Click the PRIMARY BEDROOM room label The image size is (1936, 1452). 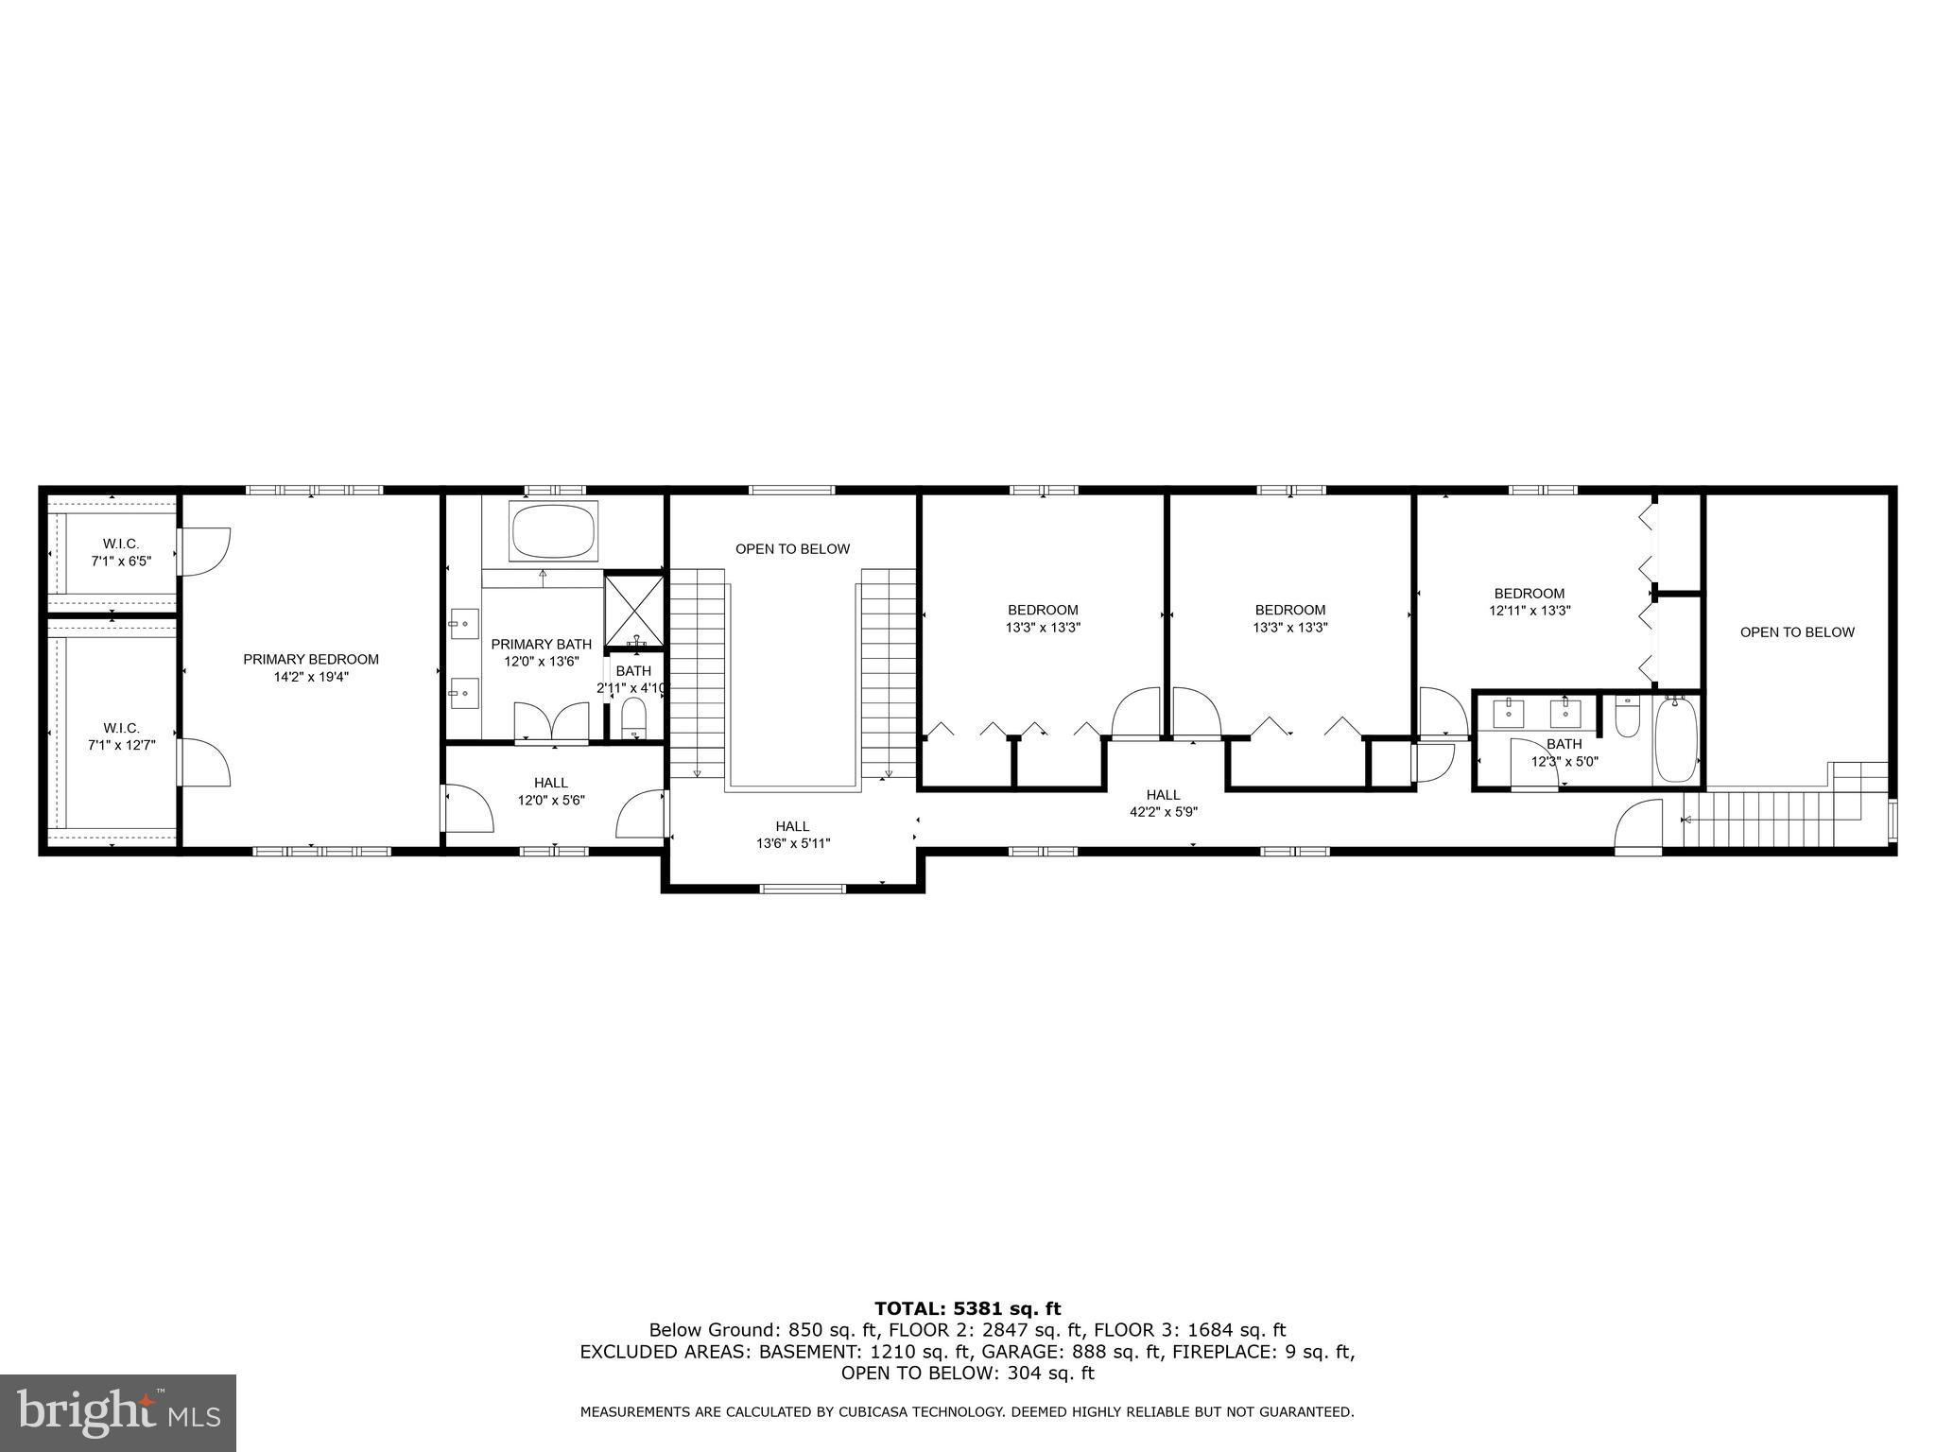point(311,660)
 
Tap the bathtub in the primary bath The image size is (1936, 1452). point(554,531)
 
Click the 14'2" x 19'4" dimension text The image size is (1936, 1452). point(311,677)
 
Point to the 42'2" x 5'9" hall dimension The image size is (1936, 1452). point(1164,811)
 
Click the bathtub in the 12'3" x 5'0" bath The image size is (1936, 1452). point(1677,739)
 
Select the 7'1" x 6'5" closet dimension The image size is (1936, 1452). point(121,561)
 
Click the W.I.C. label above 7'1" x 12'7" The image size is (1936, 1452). point(121,728)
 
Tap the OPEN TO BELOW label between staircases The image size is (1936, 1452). point(793,549)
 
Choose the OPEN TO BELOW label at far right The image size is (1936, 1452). point(1798,632)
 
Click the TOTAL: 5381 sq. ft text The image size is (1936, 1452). point(968,1309)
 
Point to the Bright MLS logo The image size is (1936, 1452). point(118,1412)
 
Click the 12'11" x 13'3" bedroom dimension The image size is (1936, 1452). point(1530,611)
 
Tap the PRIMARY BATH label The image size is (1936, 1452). point(542,645)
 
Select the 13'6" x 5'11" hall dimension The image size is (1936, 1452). point(793,843)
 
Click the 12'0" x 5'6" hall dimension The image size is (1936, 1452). point(551,800)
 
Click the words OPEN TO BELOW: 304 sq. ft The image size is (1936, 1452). point(968,1374)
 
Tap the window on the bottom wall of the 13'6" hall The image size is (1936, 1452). point(804,888)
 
